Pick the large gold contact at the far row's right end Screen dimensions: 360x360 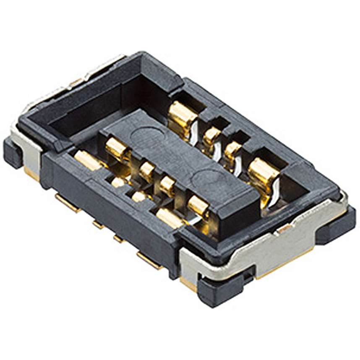[x=263, y=176]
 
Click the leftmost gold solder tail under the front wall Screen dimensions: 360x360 [x=68, y=202]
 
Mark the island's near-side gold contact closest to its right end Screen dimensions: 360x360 [x=197, y=205]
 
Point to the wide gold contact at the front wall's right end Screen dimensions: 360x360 [x=170, y=218]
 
